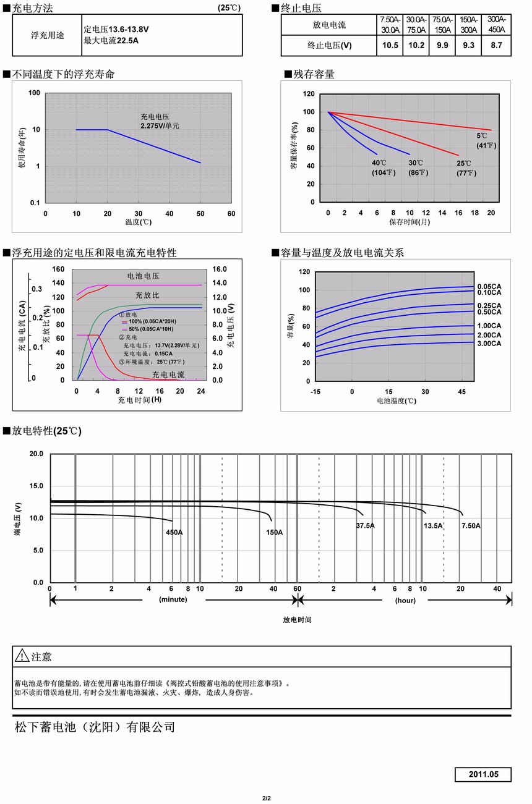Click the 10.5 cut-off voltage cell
pyautogui.click(x=390, y=45)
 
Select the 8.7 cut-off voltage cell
pyautogui.click(x=496, y=45)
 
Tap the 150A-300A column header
pyautogui.click(x=468, y=25)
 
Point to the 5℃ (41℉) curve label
pyautogui.click(x=486, y=140)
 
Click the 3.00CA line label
pyautogui.click(x=489, y=343)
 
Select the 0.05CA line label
pyautogui.click(x=489, y=286)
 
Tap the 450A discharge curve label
pyautogui.click(x=174, y=532)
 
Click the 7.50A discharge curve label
pyautogui.click(x=471, y=525)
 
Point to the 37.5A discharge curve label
pyautogui.click(x=365, y=525)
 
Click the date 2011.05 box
pyautogui.click(x=483, y=774)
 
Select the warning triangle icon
pyautogui.click(x=22, y=656)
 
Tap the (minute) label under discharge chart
pyautogui.click(x=173, y=600)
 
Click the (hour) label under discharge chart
pyautogui.click(x=406, y=600)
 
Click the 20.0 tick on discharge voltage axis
pyautogui.click(x=36, y=454)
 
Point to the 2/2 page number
pyautogui.click(x=267, y=798)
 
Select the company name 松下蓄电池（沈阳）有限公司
pyautogui.click(x=95, y=727)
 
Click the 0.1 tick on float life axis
pyautogui.click(x=36, y=203)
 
